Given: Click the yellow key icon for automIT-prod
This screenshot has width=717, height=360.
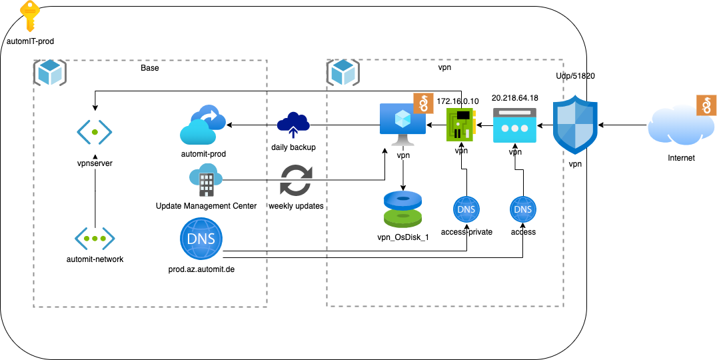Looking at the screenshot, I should (29, 17).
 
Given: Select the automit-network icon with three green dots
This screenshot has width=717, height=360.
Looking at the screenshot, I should (94, 238).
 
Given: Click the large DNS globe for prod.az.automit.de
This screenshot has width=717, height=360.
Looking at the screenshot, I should (201, 238).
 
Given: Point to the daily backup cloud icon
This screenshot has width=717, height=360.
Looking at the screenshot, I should (293, 125).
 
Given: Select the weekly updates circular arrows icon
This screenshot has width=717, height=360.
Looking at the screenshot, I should (296, 180).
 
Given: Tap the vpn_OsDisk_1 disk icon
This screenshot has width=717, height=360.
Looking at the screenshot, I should (403, 209).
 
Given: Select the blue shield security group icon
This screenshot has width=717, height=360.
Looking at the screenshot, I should (575, 125).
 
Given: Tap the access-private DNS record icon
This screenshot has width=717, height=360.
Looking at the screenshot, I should (465, 211).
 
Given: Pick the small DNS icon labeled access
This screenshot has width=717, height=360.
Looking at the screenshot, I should (523, 210).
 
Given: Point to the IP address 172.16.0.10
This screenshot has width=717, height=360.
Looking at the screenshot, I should (457, 101).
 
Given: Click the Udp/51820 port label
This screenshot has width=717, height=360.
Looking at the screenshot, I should (575, 76).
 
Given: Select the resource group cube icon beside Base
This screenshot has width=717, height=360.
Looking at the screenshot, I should (50, 73).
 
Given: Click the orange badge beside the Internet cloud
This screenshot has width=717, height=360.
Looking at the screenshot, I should (706, 105).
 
